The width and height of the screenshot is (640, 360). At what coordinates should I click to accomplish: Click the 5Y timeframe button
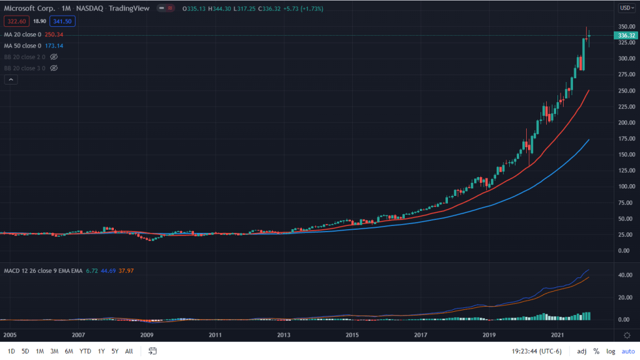coord(115,351)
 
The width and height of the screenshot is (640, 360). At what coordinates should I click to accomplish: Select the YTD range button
coord(86,351)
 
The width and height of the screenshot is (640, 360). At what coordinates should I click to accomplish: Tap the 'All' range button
coord(129,351)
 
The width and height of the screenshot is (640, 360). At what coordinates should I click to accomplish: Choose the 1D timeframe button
coord(12,351)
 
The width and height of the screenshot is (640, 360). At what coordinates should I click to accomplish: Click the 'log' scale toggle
coord(611,351)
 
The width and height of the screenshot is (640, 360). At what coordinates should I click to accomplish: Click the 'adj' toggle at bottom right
coord(581,351)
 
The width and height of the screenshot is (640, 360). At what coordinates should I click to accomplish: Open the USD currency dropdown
coord(626,8)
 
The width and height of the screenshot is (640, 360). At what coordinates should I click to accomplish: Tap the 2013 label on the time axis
coord(284,336)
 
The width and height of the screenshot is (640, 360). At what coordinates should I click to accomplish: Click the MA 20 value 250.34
coord(56,34)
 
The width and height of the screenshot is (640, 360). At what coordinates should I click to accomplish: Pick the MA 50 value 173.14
coord(54,46)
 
